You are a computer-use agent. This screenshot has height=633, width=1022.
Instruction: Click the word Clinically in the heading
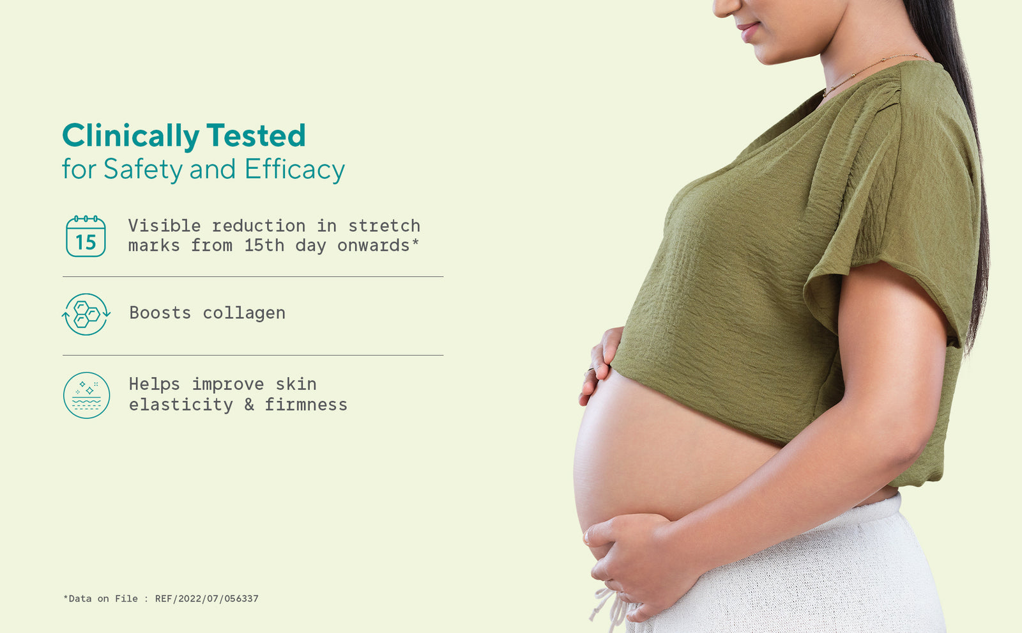(130, 136)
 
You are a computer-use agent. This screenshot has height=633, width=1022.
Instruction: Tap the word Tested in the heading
(256, 135)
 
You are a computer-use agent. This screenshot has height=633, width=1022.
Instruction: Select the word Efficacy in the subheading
(294, 169)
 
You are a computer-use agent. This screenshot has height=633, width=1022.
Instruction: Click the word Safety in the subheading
(143, 169)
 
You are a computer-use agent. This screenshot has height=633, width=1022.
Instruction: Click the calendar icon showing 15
(86, 236)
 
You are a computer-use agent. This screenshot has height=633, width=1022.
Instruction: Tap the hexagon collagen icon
(86, 314)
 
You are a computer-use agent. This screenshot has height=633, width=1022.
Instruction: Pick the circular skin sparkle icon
(86, 395)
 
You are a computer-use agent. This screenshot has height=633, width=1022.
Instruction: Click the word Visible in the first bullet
(164, 226)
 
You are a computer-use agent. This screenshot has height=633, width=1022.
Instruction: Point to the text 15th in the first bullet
(264, 246)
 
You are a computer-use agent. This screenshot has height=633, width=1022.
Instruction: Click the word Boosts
(160, 313)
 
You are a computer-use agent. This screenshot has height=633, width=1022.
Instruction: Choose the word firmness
(306, 405)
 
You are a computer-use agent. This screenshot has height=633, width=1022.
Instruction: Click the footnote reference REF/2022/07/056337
(207, 598)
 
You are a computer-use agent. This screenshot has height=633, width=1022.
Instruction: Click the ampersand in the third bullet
(249, 405)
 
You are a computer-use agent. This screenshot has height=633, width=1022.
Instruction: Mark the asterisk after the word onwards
(415, 242)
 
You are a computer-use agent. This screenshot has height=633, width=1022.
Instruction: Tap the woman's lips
(748, 30)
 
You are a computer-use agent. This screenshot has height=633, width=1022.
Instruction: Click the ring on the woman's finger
(590, 370)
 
